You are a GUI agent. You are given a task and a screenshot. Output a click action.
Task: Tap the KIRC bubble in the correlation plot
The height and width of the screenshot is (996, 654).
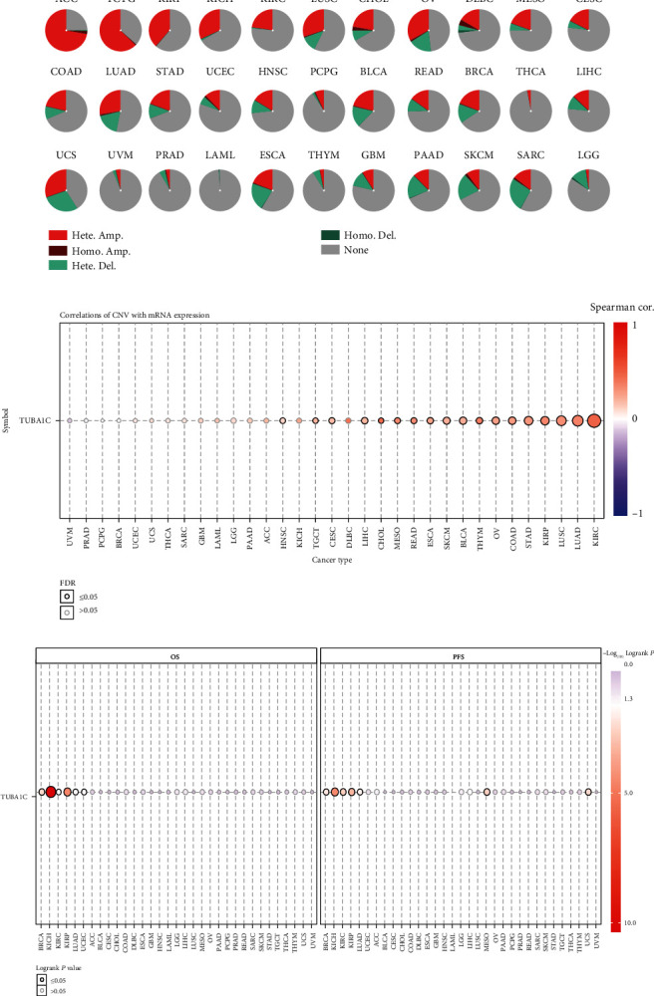point(594,421)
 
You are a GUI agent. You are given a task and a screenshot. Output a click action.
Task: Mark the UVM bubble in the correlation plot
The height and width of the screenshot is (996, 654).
point(71,421)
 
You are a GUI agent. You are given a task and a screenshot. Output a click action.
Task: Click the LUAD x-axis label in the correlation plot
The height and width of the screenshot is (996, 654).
point(578,533)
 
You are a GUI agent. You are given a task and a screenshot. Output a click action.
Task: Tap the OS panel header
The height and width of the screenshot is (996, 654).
point(175,654)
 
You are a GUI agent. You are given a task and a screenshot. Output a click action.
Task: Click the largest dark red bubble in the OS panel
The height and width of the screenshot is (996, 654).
point(51,792)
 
